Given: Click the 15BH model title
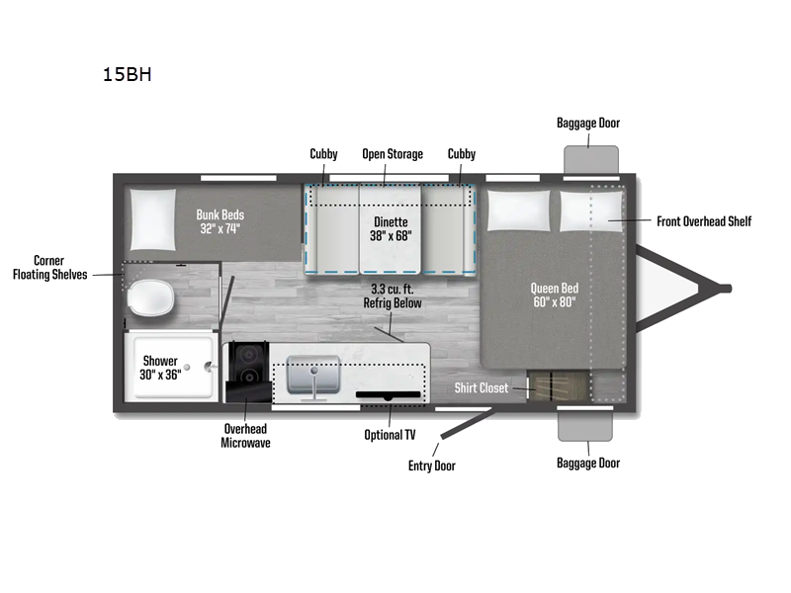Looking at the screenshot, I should click(x=127, y=74).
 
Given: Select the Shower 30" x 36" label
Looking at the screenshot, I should click(x=160, y=368).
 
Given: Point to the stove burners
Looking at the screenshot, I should click(x=247, y=365).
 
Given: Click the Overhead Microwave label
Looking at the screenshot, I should click(x=244, y=436).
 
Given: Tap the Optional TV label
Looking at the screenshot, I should click(x=390, y=435).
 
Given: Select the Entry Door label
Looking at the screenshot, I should click(x=432, y=465).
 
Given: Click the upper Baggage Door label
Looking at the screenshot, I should click(x=588, y=124).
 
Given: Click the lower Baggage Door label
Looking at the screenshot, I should click(x=588, y=463).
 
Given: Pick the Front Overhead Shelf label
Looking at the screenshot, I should click(x=704, y=221).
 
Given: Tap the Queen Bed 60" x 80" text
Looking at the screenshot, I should click(x=554, y=295).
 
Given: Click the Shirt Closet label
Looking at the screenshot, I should click(x=481, y=387).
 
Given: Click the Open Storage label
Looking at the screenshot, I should click(x=392, y=154).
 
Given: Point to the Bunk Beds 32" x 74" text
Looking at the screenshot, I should click(x=220, y=221).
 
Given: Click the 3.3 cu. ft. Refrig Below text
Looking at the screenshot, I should click(x=392, y=296).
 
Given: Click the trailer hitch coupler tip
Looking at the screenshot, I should click(x=726, y=289).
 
